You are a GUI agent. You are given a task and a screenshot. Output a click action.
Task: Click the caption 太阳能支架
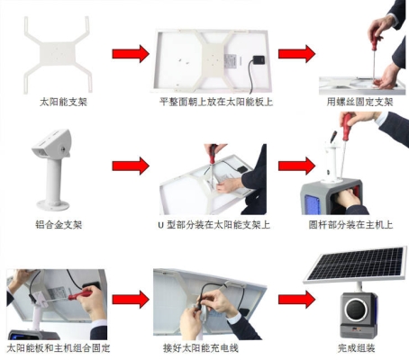click(x=63, y=102)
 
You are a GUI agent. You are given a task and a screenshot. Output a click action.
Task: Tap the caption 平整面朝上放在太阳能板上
click(x=216, y=102)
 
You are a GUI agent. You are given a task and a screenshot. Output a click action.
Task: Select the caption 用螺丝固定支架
click(x=359, y=102)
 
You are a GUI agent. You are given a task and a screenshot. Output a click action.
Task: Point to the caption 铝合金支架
click(x=59, y=224)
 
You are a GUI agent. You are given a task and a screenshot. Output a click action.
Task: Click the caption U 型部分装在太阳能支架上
click(x=214, y=225)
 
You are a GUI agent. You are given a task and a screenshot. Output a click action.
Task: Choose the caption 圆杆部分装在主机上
click(x=350, y=225)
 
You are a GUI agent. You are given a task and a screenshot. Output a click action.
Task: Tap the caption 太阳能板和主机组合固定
click(x=59, y=348)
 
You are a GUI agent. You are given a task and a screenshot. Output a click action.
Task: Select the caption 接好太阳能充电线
click(x=201, y=348)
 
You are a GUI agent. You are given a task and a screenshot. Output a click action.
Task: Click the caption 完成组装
click(x=357, y=348)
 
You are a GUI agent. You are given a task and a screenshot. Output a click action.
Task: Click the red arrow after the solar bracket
click(x=131, y=54)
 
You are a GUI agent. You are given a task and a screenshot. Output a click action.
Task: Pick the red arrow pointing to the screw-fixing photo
click(x=296, y=54)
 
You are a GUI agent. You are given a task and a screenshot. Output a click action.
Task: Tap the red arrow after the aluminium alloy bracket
click(x=131, y=166)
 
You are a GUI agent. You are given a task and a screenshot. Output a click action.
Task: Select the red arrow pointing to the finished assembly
click(x=296, y=299)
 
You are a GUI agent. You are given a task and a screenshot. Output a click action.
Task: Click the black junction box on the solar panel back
click(x=259, y=59)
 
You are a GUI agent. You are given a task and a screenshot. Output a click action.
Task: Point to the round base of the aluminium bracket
click(x=53, y=205)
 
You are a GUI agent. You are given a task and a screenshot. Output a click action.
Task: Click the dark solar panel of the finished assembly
click(x=356, y=264)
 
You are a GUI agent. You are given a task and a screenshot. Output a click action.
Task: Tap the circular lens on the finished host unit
click(x=357, y=310)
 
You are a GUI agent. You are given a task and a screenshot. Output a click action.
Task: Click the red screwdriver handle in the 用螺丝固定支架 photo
click(x=375, y=43)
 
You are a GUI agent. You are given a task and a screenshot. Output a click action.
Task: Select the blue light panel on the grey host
click(x=313, y=204)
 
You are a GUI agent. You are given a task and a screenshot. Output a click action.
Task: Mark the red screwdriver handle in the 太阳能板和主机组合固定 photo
click(x=80, y=294)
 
